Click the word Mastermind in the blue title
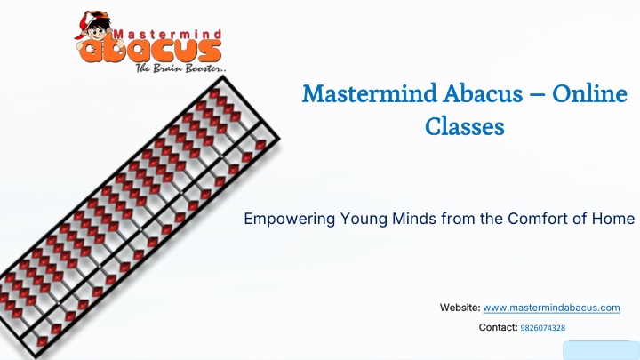370,93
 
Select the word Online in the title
589,93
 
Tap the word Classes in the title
465,126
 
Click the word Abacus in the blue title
483,93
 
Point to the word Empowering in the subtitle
290,220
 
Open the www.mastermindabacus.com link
551,308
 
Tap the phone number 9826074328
543,328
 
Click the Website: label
460,308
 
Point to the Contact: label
498,327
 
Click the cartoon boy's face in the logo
97,31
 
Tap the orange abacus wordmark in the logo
150,51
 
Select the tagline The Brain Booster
180,68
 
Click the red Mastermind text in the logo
167,35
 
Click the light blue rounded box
602,350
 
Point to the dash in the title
538,95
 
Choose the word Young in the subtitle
364,220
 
